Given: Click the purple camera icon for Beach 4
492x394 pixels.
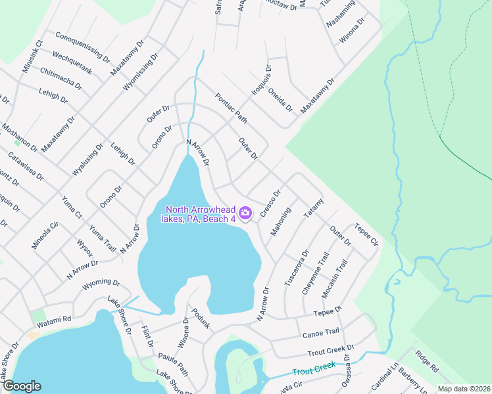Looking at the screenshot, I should pos(245,213).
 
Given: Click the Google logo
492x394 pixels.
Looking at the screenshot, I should pos(22,385).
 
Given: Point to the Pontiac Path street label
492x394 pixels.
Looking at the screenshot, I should pos(230,108).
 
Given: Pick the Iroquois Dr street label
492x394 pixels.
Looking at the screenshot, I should pos(261,81).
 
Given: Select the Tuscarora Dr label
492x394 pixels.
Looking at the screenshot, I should pos(296,267).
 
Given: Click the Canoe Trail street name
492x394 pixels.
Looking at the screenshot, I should pos(321,332).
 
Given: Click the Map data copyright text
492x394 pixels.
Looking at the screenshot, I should pos(464,388).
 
